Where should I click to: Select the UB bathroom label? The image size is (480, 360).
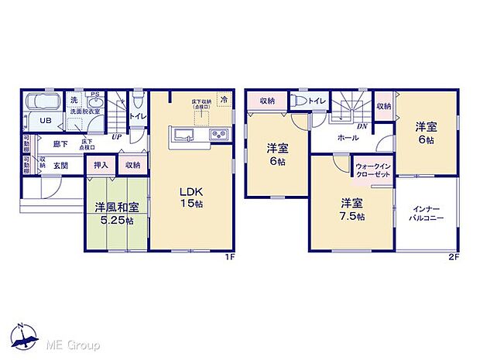coord(46,122)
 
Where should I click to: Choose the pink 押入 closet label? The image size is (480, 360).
coord(101,165)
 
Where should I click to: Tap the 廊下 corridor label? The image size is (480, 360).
coord(60,143)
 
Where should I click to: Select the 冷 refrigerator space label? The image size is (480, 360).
coord(225,100)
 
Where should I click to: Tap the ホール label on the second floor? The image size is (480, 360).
coord(347,138)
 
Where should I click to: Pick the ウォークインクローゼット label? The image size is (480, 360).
coord(372,170)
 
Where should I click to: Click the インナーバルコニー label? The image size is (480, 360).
coord(427,214)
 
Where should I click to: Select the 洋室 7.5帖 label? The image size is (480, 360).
coord(352,210)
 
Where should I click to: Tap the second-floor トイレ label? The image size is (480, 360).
coord(317,101)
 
